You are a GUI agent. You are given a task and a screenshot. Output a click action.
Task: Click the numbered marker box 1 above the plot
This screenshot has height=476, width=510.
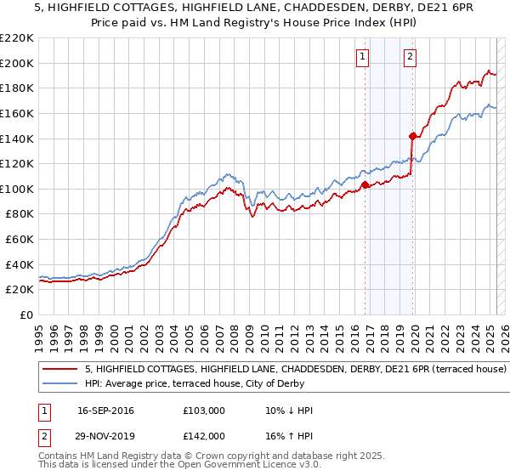362,57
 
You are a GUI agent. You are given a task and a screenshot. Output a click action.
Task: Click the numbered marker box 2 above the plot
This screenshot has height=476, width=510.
410,57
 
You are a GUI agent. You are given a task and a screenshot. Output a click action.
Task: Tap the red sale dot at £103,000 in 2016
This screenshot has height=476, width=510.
365,184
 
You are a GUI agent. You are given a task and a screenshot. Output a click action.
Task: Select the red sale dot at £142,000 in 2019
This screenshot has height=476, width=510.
413,135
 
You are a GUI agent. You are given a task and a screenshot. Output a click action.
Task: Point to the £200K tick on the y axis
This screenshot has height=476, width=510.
17,63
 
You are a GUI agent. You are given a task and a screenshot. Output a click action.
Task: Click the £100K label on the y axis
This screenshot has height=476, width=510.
17,189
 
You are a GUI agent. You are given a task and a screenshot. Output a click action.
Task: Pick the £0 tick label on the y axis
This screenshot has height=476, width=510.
25,314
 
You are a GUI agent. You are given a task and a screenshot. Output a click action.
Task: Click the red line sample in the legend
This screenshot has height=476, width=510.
59,370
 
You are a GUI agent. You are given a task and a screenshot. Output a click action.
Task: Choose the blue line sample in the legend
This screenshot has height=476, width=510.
59,383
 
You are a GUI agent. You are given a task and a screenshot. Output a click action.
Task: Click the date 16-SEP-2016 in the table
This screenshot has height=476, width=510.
105,411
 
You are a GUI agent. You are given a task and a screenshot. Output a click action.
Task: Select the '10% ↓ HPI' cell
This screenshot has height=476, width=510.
290,411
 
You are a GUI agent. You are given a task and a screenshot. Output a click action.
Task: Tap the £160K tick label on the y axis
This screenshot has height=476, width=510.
17,113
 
